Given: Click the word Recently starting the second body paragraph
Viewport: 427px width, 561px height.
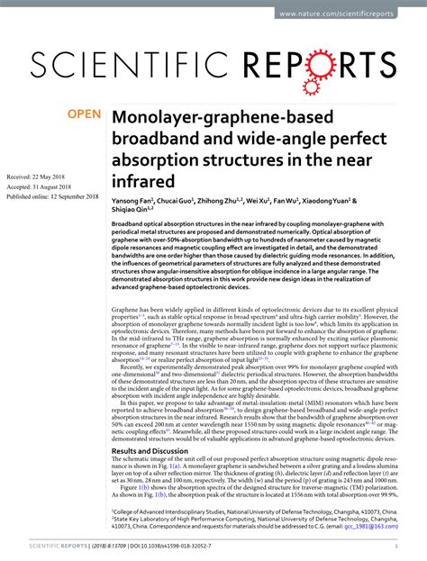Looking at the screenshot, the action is tap(134, 366).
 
